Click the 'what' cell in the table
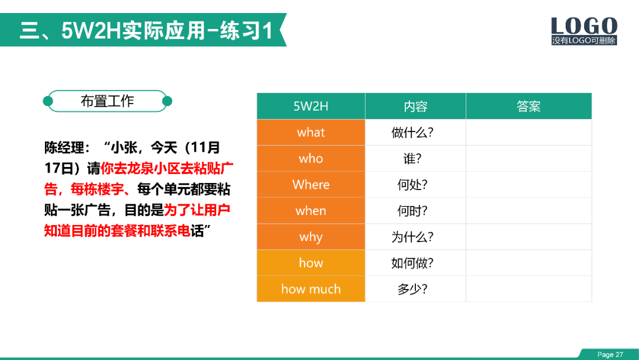coord(311,133)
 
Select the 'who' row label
coord(311,159)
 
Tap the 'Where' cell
coord(311,185)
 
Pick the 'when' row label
coord(311,211)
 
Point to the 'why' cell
coord(311,237)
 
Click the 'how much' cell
coord(311,289)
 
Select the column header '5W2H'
coord(311,107)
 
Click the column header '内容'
coord(415,107)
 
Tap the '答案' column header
coord(528,107)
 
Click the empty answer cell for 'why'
coord(528,237)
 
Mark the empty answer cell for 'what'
coord(528,133)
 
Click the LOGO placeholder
coord(584,31)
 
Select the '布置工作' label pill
coord(108,101)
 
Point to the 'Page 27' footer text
coord(610,355)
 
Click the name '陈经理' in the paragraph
coord(64,147)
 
